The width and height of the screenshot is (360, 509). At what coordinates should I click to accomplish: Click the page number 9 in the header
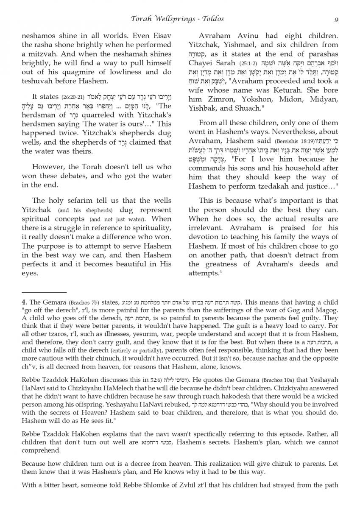tap(335, 19)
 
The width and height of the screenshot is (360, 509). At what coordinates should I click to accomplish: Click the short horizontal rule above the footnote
tap(44, 292)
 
